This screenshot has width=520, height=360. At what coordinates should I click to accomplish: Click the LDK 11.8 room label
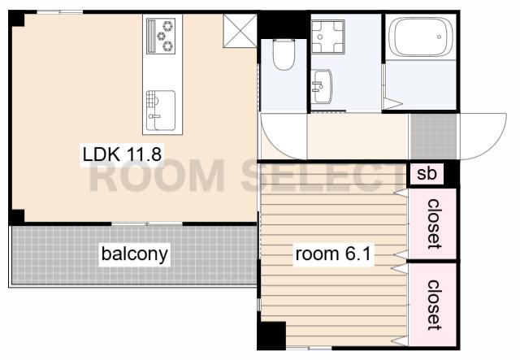coord(122,154)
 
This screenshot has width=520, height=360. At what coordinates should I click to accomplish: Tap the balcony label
coord(134,254)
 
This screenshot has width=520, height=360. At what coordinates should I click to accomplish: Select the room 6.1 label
coord(333,254)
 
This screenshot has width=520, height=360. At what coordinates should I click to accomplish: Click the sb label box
coord(427,174)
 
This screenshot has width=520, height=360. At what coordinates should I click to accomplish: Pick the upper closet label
coord(434,223)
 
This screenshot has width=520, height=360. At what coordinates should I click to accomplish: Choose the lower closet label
coord(434,305)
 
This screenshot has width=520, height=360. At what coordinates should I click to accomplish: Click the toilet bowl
coord(284,54)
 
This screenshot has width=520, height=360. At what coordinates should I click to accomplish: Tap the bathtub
coord(421,37)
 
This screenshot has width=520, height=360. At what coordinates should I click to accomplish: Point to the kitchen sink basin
coord(161,111)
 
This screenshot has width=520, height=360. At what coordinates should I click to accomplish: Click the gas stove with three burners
coord(161,36)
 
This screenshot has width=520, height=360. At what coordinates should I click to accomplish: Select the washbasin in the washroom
coord(322,86)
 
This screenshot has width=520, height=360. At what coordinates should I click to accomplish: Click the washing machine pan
coord(328,37)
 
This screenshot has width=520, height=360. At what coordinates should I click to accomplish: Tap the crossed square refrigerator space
coord(240,31)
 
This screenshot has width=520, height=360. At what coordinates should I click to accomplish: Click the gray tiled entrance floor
coord(433,137)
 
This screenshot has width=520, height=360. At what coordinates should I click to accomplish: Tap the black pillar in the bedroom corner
coord(271,335)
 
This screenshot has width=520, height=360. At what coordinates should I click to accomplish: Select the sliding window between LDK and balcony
coord(147,223)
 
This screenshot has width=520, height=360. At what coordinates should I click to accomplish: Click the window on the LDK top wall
coord(59,12)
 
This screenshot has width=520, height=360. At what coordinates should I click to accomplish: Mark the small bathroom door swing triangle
coord(392,103)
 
